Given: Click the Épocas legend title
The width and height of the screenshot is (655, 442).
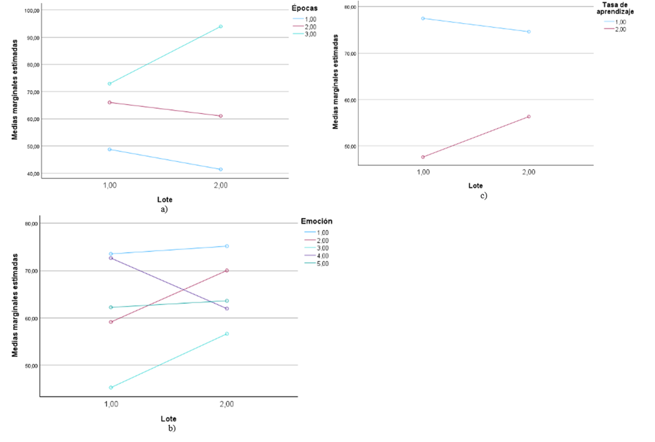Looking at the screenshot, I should click(305, 8).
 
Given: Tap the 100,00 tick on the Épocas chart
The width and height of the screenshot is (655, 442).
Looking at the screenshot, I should click(31, 11).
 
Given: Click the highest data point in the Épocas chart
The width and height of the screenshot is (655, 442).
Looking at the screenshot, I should click(221, 26).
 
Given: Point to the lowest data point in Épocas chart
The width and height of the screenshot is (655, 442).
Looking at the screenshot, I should click(221, 169).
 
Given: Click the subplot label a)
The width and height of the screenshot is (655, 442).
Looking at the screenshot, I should click(165, 209).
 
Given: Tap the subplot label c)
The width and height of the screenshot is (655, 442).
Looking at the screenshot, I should click(483, 196).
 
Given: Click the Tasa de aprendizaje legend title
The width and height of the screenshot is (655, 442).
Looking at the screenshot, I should click(619, 9).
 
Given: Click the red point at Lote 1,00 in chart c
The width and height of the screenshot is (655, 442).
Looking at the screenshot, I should click(423, 157).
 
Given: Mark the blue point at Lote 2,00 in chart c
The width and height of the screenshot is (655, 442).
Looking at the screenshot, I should click(528, 32).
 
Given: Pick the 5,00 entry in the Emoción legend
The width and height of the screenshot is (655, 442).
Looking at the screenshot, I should click(323, 263).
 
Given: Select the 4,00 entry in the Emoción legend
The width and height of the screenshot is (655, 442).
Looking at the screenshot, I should click(323, 256).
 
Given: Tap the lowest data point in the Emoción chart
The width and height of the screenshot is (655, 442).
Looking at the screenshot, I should click(111, 387).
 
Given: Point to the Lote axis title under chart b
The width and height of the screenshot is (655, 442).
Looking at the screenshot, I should click(169, 418).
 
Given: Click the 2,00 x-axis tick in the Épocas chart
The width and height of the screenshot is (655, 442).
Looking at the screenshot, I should click(221, 186).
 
